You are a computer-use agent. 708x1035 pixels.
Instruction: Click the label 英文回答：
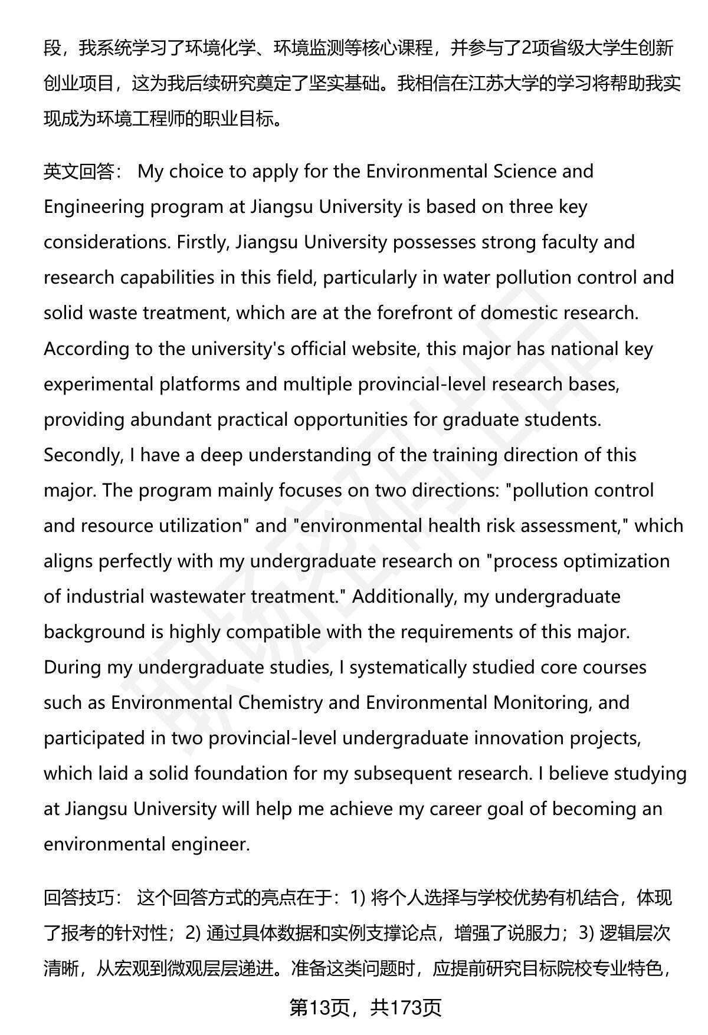83,172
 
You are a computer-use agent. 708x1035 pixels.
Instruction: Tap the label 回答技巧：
83,898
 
